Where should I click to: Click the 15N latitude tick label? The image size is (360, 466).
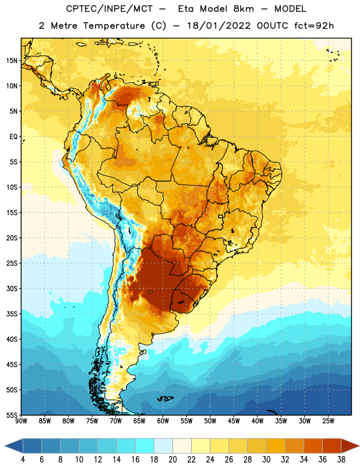point(12,61)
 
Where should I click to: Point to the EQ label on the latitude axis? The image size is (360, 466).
point(13,137)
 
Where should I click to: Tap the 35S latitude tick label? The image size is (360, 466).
point(12,314)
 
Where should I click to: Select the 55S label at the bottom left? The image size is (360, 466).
point(12,415)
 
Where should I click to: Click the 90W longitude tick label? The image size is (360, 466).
point(21,421)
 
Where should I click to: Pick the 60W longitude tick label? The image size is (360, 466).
point(163,421)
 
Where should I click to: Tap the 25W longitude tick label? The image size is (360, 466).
point(328,421)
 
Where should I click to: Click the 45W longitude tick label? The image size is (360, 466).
point(234,421)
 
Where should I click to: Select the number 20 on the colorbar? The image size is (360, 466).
point(172,460)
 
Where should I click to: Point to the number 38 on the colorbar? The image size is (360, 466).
point(341,460)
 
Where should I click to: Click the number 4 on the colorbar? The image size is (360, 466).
point(23,460)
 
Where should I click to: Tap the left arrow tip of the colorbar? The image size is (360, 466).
point(5,446)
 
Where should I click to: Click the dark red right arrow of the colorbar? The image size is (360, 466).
point(350,446)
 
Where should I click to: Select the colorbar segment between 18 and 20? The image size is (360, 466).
point(163,446)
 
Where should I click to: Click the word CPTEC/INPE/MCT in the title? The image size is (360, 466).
point(109,9)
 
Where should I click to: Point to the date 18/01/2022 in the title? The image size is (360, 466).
point(218,26)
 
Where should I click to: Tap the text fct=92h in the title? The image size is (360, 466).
point(314,26)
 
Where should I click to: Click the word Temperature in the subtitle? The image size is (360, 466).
point(114,26)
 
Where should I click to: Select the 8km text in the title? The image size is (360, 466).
point(243,9)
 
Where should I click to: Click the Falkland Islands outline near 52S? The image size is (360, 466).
point(165,398)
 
